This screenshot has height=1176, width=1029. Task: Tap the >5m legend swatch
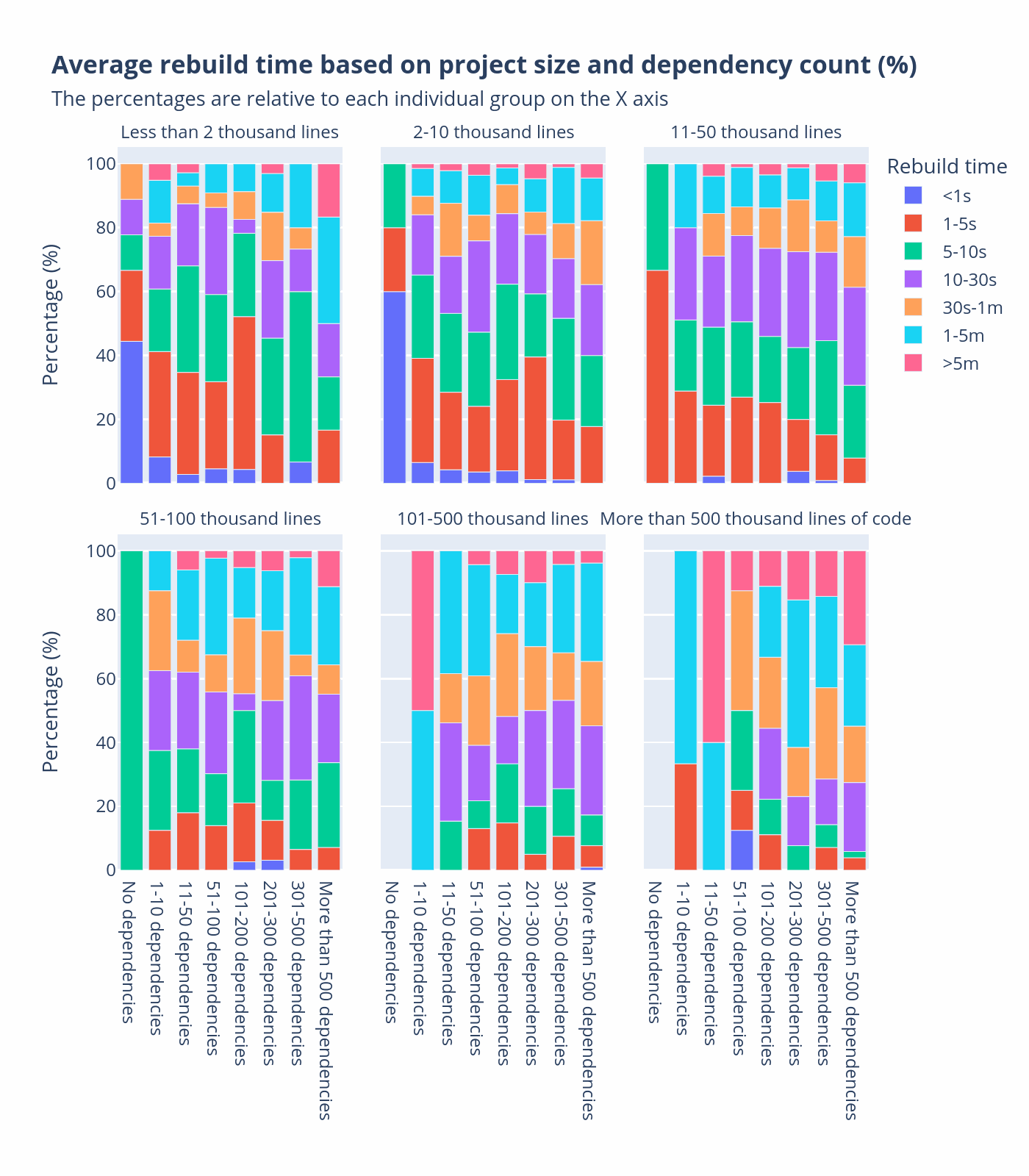[913, 363]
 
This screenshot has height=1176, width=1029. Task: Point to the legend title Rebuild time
[947, 166]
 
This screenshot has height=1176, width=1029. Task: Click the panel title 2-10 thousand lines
[493, 132]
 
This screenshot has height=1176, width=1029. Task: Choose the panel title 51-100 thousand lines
[230, 519]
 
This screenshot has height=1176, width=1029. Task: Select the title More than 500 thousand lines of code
[756, 519]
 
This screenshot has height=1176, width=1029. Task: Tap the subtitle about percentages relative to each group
[359, 99]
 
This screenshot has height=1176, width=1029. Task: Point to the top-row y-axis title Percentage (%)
[50, 314]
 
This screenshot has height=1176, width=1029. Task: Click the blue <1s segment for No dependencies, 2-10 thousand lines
[395, 387]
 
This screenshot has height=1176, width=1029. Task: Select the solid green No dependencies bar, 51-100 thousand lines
[131, 710]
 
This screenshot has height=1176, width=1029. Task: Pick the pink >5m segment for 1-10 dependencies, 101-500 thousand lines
[423, 630]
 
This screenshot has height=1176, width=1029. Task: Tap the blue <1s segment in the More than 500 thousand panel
[742, 850]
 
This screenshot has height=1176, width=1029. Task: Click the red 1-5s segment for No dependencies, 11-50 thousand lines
[657, 376]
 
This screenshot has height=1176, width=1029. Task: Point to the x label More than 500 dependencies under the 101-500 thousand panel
[587, 1000]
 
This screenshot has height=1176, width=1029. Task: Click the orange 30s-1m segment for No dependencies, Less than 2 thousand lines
[131, 181]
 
